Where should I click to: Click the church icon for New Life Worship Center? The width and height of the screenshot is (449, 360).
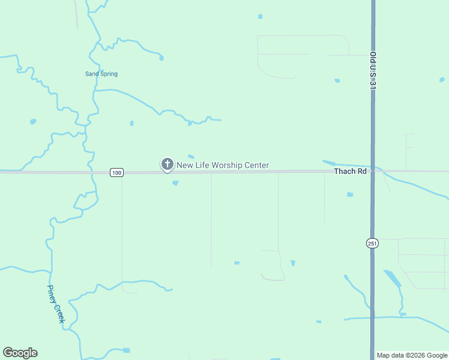(x=167, y=164)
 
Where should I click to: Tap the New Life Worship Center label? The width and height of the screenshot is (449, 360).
(x=223, y=165)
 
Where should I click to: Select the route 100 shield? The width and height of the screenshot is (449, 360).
(x=116, y=173)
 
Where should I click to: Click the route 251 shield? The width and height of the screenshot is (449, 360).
(x=372, y=242)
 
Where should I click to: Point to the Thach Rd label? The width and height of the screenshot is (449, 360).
(x=350, y=172)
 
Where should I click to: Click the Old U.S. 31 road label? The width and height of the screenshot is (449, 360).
(x=373, y=71)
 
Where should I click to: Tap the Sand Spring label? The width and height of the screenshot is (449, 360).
(x=101, y=74)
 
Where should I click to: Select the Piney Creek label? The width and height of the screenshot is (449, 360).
(x=56, y=304)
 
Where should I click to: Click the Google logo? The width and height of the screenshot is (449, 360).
(x=20, y=353)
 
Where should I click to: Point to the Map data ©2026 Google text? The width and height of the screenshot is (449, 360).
(x=412, y=355)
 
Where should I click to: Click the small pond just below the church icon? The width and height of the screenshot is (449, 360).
(x=175, y=183)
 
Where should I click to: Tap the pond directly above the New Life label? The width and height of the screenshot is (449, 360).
(x=191, y=157)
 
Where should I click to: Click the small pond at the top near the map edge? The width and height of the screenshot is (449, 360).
(x=260, y=16)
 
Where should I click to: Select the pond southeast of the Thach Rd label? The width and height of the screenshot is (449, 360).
(x=350, y=194)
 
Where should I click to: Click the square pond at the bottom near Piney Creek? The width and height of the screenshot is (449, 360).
(x=126, y=350)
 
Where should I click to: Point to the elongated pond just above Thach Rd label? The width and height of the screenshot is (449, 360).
(x=329, y=162)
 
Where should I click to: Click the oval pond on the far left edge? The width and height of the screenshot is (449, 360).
(x=33, y=121)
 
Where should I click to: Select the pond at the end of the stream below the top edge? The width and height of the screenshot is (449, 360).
(x=161, y=58)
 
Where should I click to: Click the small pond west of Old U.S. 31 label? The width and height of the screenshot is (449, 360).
(x=337, y=80)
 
